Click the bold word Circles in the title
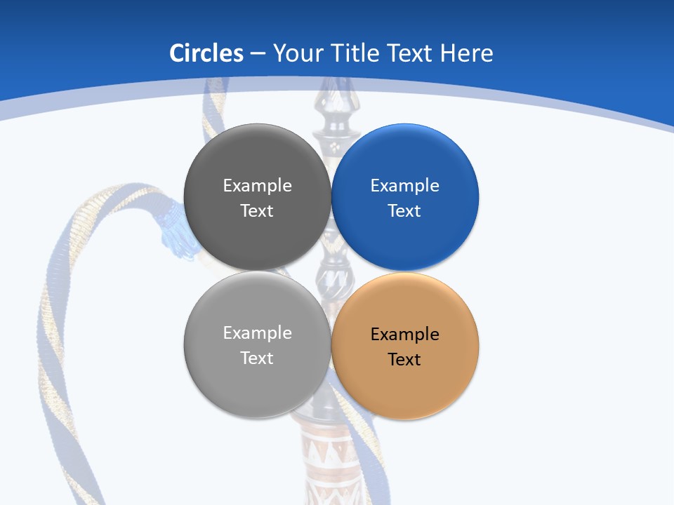coord(206,53)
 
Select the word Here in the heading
coord(467,53)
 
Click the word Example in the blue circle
coord(405,186)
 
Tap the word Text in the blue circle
coord(404,211)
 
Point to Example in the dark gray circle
coord(257,186)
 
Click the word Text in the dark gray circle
coord(257,211)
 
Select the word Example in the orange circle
coord(405,335)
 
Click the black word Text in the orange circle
coord(404,360)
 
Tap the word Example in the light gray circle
coord(257,333)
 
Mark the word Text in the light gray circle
coord(257,358)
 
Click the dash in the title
coord(258,54)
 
